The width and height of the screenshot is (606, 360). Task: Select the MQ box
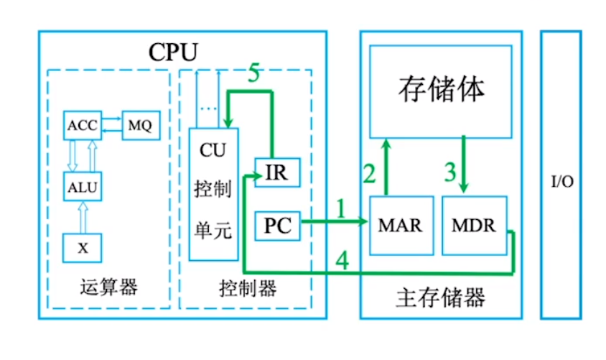pos(139,124)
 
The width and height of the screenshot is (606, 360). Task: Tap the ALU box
pos(82,188)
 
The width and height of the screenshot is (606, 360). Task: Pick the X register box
pos(82,247)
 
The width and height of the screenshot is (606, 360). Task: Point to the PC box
pos(276,225)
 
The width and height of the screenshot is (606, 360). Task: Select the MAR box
pos(400,225)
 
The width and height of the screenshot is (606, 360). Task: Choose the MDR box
pos(473,225)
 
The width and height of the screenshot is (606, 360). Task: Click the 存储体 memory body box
pos(441,91)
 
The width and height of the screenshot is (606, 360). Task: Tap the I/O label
pos(561,182)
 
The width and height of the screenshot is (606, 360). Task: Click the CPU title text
pos(172,52)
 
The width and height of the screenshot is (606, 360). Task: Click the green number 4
pos(343,262)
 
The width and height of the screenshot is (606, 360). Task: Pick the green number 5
pos(254,75)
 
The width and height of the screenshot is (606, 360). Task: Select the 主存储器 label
pos(440,297)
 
